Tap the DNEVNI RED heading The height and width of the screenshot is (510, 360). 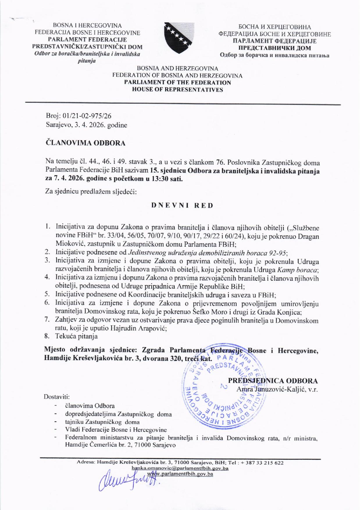coord(182,205)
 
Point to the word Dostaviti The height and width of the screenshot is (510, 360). coord(57,397)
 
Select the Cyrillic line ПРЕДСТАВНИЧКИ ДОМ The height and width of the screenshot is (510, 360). coord(275,48)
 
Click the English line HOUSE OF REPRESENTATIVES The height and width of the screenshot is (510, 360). coord(177,90)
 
